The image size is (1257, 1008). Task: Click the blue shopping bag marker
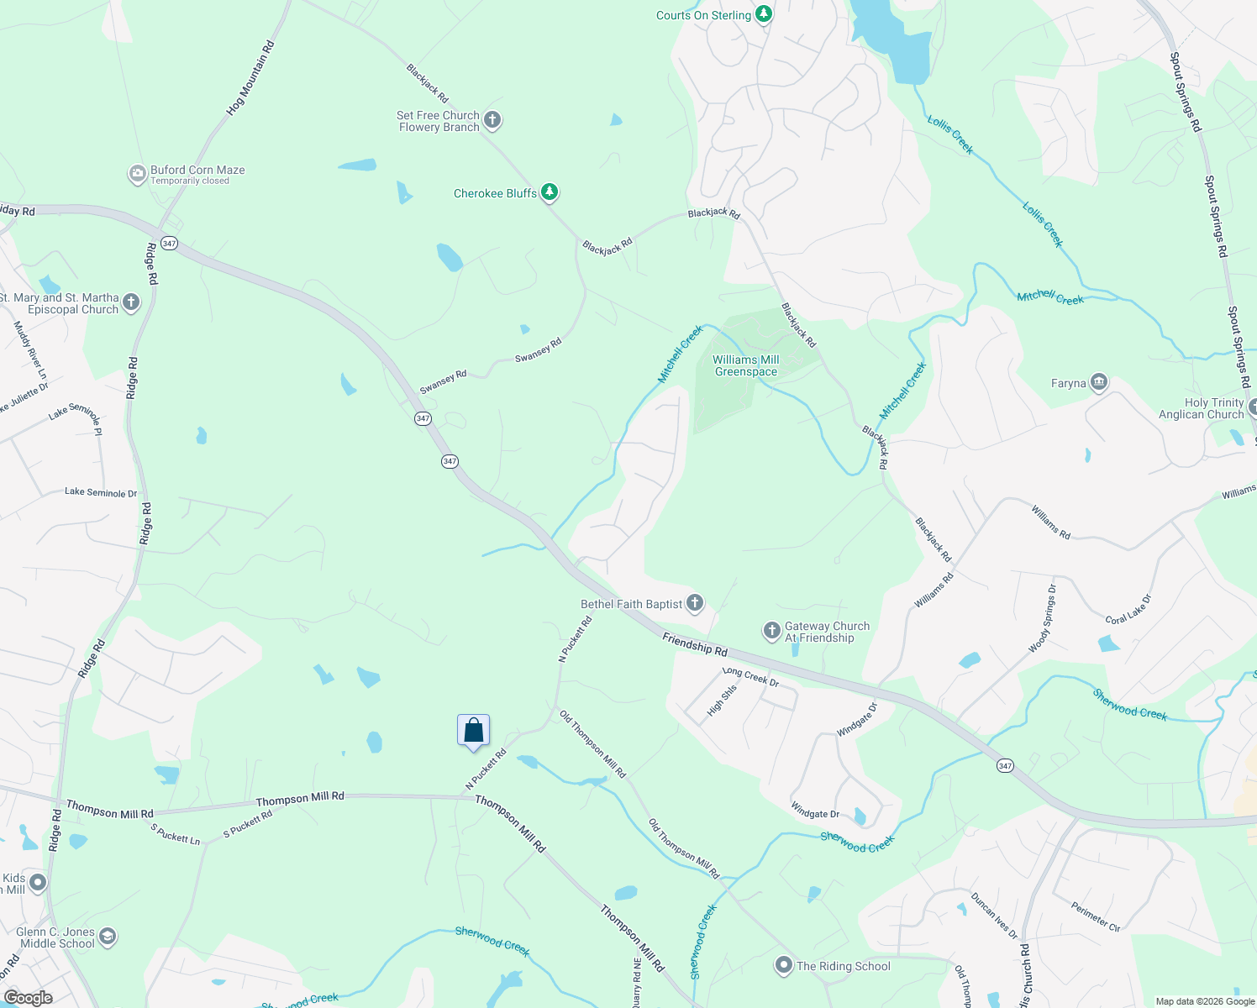[473, 730]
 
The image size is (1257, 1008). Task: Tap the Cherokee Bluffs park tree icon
[550, 193]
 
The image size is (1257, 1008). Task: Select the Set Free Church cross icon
[493, 120]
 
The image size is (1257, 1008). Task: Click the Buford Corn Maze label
[197, 171]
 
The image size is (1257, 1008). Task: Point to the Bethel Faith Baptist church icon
[695, 603]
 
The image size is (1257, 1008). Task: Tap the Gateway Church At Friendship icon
[772, 631]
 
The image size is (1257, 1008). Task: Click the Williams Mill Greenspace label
[746, 365]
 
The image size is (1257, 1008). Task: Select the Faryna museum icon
[1098, 383]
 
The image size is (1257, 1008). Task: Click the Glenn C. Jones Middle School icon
[107, 937]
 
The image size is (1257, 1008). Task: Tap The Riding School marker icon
[784, 966]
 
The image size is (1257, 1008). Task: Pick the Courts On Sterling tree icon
[763, 14]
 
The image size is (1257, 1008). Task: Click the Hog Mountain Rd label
[250, 78]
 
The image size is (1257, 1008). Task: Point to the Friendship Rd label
[695, 644]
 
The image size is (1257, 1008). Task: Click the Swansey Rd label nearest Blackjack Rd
[539, 350]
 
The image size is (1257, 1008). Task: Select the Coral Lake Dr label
[1128, 609]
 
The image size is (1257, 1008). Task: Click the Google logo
[28, 998]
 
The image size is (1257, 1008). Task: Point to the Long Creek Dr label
[750, 676]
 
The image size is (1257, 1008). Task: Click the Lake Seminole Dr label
[101, 492]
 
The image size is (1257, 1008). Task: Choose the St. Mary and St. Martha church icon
[130, 302]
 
